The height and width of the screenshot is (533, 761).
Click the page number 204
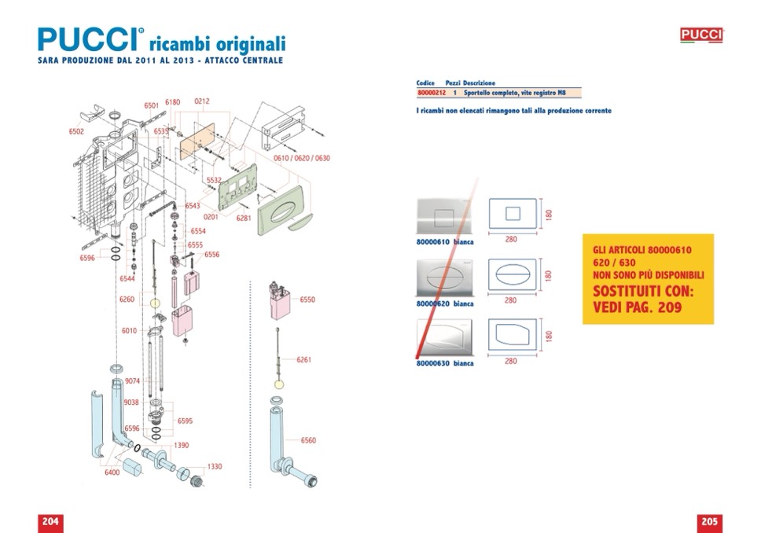(x=50, y=522)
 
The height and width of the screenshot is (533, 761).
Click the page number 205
(x=709, y=522)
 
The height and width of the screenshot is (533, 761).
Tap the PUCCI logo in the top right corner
(x=701, y=35)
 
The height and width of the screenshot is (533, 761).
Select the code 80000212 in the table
(x=431, y=93)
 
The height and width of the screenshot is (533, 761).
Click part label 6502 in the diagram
(x=76, y=132)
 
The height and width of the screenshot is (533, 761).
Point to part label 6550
(x=307, y=300)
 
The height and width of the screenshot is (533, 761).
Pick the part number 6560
(x=308, y=440)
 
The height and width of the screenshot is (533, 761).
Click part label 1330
(x=214, y=466)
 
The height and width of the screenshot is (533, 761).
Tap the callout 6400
(x=112, y=472)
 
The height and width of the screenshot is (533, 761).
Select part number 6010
(x=130, y=331)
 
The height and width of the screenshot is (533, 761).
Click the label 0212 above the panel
(x=201, y=101)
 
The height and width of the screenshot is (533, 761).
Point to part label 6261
(x=303, y=360)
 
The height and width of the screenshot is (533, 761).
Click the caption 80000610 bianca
(x=445, y=242)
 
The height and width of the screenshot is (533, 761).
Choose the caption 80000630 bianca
(x=445, y=363)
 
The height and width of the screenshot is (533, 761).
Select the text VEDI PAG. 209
(x=637, y=307)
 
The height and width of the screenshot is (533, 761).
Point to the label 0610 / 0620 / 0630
(x=301, y=158)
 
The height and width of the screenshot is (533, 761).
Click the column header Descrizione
(x=480, y=83)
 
